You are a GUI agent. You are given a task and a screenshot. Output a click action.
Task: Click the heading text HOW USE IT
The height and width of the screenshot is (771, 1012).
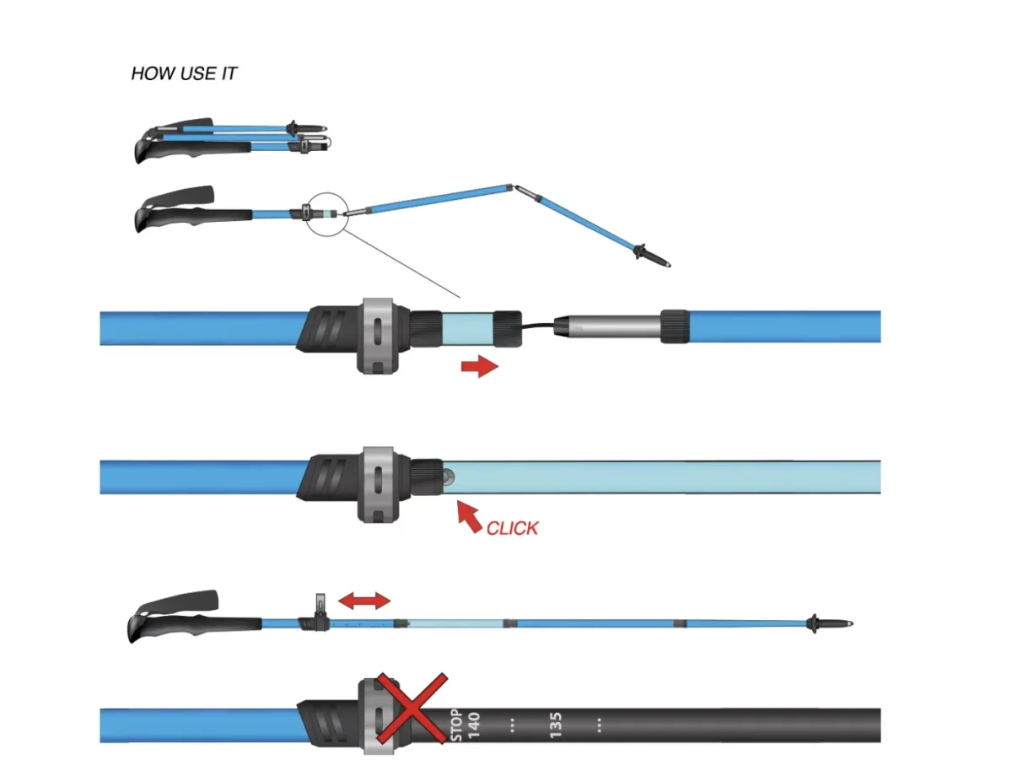tap(184, 73)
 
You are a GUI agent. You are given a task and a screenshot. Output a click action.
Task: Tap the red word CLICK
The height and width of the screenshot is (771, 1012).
tap(512, 528)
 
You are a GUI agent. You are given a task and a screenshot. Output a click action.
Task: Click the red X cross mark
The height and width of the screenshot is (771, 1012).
tap(411, 709)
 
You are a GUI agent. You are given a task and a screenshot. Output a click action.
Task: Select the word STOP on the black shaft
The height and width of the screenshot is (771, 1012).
tap(456, 725)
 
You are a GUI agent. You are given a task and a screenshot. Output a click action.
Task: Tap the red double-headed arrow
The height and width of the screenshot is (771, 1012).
tap(364, 601)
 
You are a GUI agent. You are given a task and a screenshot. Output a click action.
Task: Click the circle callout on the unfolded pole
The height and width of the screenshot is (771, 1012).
tap(325, 213)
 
